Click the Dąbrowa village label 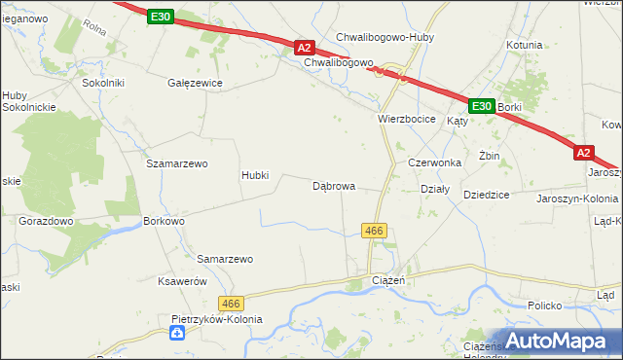click(333, 185)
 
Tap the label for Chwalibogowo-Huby click(385, 38)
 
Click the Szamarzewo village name click(177, 163)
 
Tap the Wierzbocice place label click(406, 119)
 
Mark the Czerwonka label click(434, 163)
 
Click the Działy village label click(434, 190)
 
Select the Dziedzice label click(487, 195)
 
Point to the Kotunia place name click(524, 45)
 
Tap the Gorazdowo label click(47, 221)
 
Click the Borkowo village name click(164, 221)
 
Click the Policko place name click(545, 306)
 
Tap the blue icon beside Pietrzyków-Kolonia click(176, 334)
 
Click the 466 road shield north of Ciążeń click(375, 231)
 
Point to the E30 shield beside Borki click(480, 105)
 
